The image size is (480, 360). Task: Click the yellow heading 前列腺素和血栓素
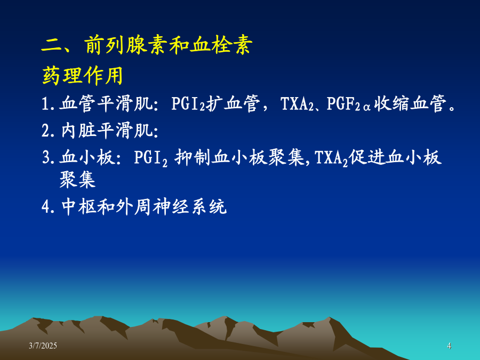pyautogui.click(x=169, y=45)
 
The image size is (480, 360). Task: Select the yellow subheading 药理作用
pyautogui.click(x=82, y=75)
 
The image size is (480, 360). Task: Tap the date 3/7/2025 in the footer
pyautogui.click(x=43, y=346)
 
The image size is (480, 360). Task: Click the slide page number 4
pyautogui.click(x=449, y=346)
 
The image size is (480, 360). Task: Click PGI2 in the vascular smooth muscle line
pyautogui.click(x=188, y=103)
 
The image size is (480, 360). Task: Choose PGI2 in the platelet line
pyautogui.click(x=151, y=158)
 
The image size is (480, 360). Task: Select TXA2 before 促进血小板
pyautogui.click(x=331, y=158)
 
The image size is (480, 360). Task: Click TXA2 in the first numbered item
pyautogui.click(x=297, y=103)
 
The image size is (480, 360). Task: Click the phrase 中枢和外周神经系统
pyautogui.click(x=144, y=206)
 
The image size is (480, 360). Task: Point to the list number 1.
pyautogui.click(x=46, y=103)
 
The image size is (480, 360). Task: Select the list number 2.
pyautogui.click(x=46, y=131)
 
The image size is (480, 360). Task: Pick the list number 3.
pyautogui.click(x=46, y=158)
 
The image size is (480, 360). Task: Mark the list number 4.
pyautogui.click(x=46, y=206)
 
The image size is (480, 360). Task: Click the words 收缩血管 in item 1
pyautogui.click(x=410, y=103)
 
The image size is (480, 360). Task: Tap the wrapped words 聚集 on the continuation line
pyautogui.click(x=78, y=179)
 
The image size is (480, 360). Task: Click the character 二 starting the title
pyautogui.click(x=51, y=46)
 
